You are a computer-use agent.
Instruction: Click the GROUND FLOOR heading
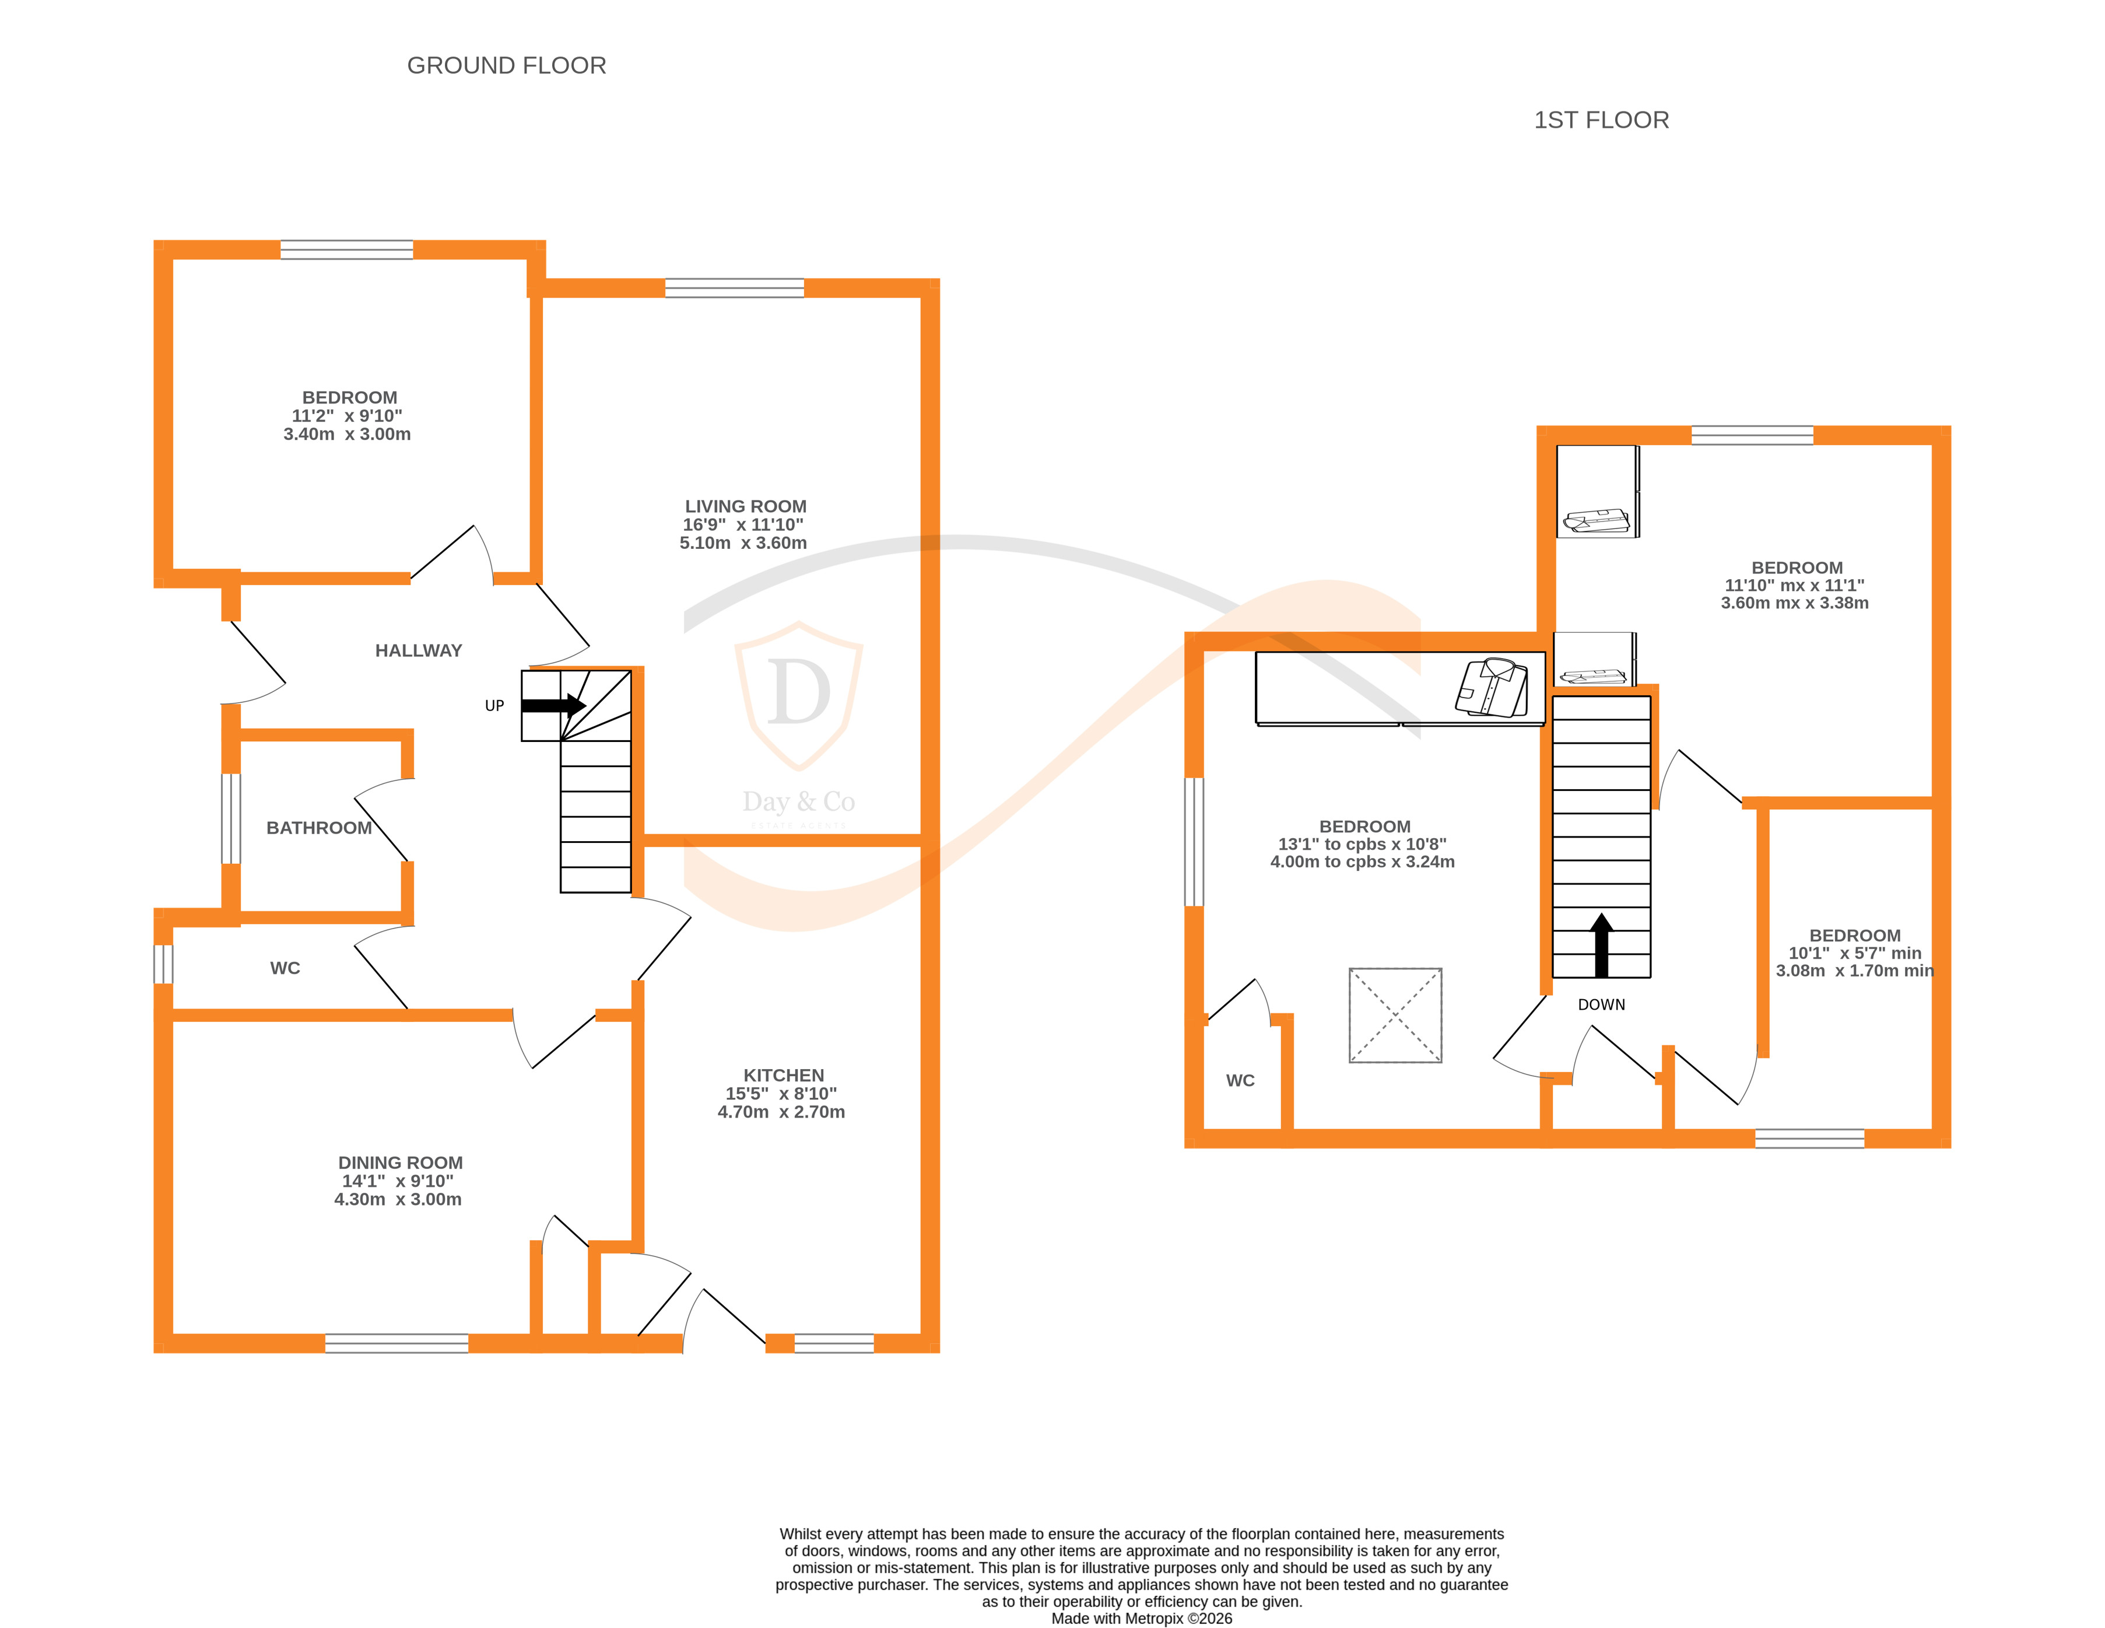click(x=506, y=65)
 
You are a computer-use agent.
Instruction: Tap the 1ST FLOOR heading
click(x=1601, y=121)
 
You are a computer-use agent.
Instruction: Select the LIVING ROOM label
click(x=745, y=506)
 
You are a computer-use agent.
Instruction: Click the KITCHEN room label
click(x=783, y=1074)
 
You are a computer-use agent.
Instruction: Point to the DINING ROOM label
click(x=400, y=1163)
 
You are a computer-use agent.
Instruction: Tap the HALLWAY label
click(x=418, y=650)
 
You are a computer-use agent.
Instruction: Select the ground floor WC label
click(x=285, y=968)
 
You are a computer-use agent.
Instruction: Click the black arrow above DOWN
click(x=1601, y=944)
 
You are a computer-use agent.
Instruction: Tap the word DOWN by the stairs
click(x=1601, y=1004)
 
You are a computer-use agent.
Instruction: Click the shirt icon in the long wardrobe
click(x=1491, y=687)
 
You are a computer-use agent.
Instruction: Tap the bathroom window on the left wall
click(x=230, y=818)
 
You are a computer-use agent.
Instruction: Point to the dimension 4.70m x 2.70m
click(x=781, y=1111)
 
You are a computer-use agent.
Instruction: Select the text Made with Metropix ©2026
click(x=1141, y=1618)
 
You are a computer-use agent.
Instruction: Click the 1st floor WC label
click(x=1240, y=1080)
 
